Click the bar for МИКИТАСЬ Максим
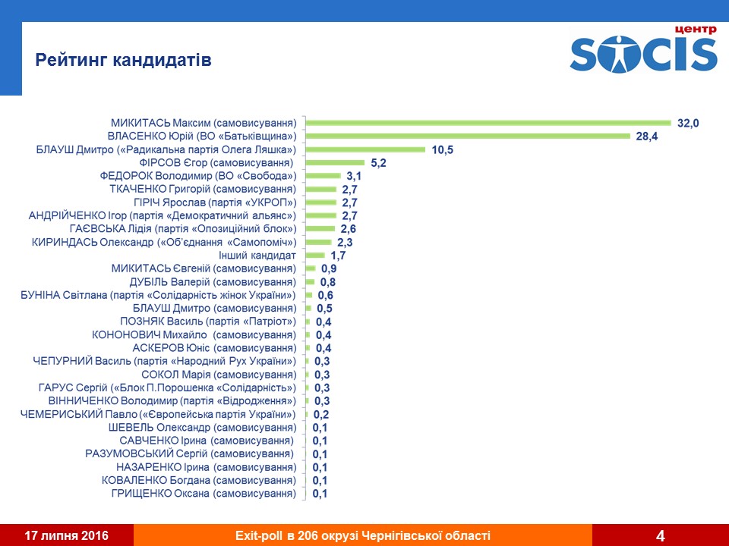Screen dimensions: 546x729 tap(488, 123)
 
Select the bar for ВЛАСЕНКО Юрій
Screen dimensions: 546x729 tap(468, 136)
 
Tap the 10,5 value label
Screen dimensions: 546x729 tap(442, 150)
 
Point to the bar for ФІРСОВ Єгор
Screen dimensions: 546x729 tap(335, 163)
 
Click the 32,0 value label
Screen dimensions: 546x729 tap(688, 123)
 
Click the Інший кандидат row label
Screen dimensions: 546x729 tap(257, 256)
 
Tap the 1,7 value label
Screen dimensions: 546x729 tap(338, 256)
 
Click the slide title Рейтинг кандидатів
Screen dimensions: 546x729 tap(124, 60)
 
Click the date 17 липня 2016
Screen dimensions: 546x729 tap(67, 535)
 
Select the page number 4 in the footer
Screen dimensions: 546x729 tap(660, 536)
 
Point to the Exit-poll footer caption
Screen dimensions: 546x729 tap(363, 535)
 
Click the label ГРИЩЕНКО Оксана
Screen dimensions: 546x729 tap(203, 494)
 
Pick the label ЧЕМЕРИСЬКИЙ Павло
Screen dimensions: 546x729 tap(158, 414)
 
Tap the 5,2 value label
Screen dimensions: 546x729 tap(378, 163)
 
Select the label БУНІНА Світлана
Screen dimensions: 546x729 tap(158, 295)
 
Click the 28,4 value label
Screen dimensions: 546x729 tap(647, 136)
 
